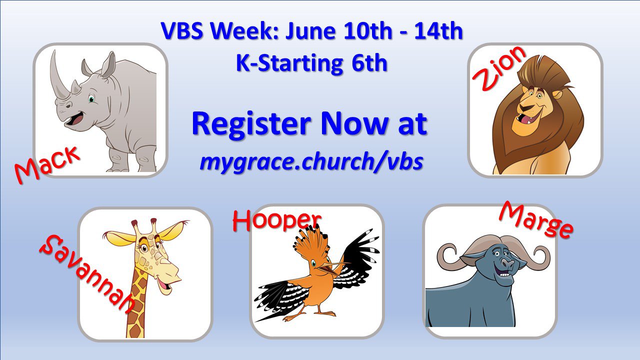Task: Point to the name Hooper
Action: pyautogui.click(x=276, y=221)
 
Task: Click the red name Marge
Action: pyautogui.click(x=536, y=220)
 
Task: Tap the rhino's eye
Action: pyautogui.click(x=91, y=99)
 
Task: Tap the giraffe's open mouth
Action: pyautogui.click(x=165, y=285)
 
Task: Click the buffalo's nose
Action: pyautogui.click(x=507, y=261)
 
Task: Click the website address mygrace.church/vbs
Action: pyautogui.click(x=311, y=161)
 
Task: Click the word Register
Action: pyautogui.click(x=251, y=123)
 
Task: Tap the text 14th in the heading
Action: pyautogui.click(x=438, y=30)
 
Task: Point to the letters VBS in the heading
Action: pyautogui.click(x=182, y=30)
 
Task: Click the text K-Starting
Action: pyautogui.click(x=289, y=63)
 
